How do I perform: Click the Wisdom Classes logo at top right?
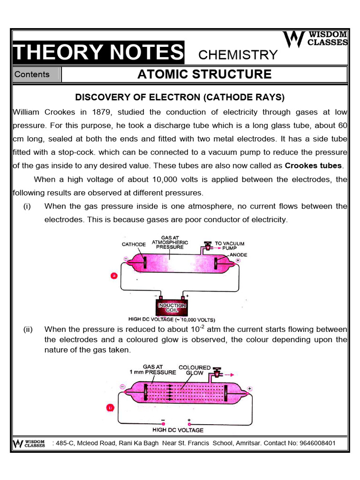[316, 39]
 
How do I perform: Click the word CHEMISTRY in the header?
[238, 55]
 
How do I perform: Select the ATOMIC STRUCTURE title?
[204, 74]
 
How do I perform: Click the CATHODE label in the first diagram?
[134, 244]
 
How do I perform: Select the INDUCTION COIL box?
[171, 308]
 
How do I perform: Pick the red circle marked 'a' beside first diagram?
[113, 276]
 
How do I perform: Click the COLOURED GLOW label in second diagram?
[194, 370]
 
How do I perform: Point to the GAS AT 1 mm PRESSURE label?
[153, 370]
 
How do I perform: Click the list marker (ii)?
[28, 330]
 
